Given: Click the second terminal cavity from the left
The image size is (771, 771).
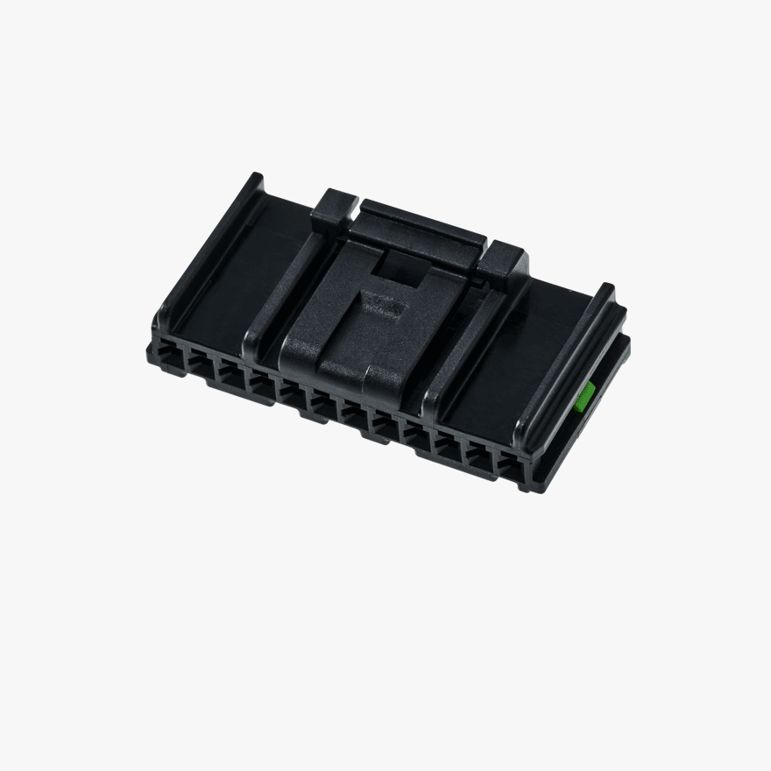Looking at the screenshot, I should [x=201, y=365].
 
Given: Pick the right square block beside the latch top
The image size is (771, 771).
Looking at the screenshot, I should [x=503, y=262].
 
